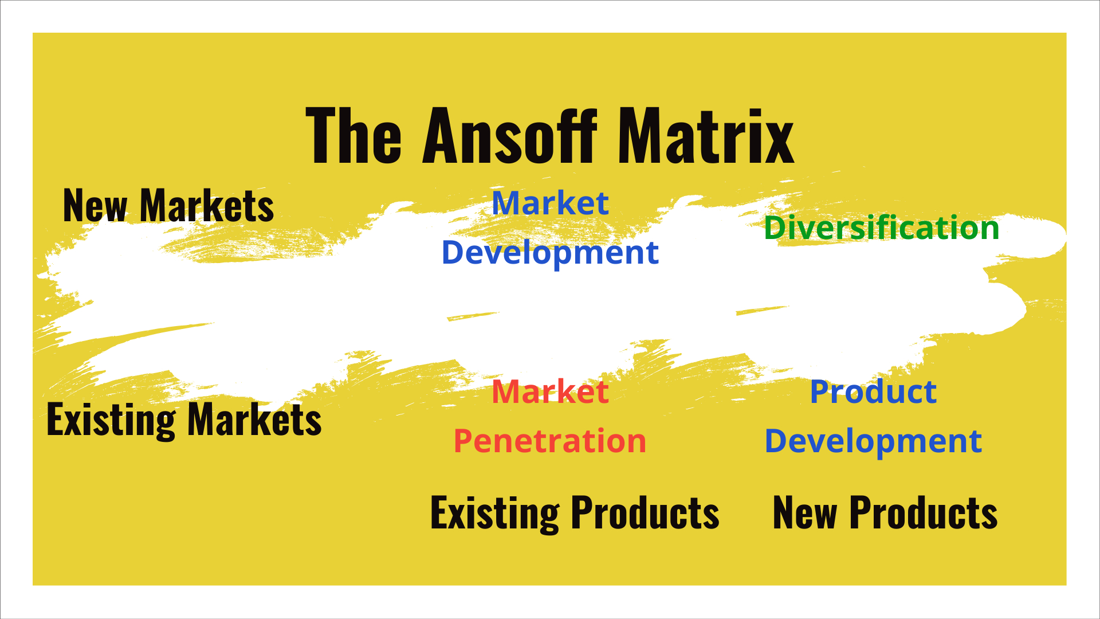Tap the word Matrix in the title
tap(706, 136)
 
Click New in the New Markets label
tap(95, 206)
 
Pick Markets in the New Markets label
tap(207, 206)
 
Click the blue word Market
tap(550, 203)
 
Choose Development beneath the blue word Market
tap(550, 253)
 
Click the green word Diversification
tap(882, 228)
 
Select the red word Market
tap(550, 392)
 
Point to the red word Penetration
tap(550, 441)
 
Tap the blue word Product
tap(873, 392)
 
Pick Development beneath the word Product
tap(873, 441)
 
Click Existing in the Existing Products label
tap(495, 514)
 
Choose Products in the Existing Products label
tap(645, 512)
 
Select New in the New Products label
tap(805, 512)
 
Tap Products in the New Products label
tap(923, 512)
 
